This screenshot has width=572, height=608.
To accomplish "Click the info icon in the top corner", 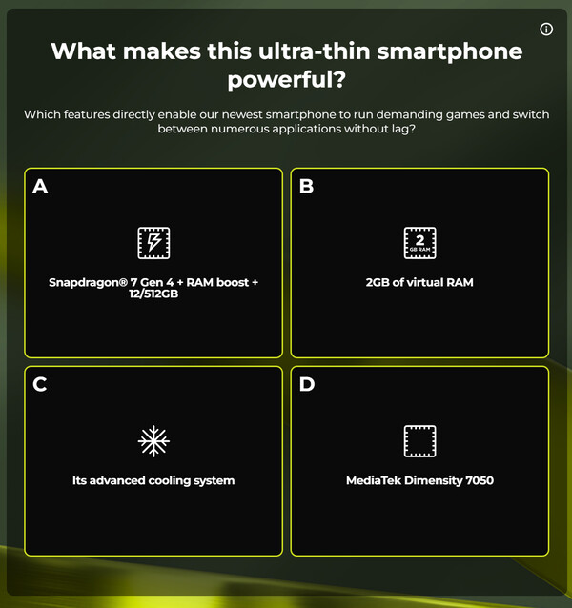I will (x=546, y=30).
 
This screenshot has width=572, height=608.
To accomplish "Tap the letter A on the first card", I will (x=40, y=186).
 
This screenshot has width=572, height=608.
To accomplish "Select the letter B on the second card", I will (x=306, y=186).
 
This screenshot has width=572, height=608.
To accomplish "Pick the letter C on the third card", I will (x=40, y=384).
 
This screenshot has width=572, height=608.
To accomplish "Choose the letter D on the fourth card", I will (x=306, y=384).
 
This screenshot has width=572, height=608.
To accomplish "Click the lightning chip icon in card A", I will (x=153, y=243).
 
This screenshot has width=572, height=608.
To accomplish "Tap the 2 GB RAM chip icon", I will (x=419, y=243).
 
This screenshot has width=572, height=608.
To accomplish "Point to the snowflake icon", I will (x=153, y=441).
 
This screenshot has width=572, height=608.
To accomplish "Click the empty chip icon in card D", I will (x=419, y=441).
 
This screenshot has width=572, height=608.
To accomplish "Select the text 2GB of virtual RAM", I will (x=419, y=283).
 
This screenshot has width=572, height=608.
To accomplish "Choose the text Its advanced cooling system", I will (x=153, y=481).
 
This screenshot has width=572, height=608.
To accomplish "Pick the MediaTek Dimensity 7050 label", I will (x=419, y=481).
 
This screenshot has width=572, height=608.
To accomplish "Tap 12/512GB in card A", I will (x=153, y=295).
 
